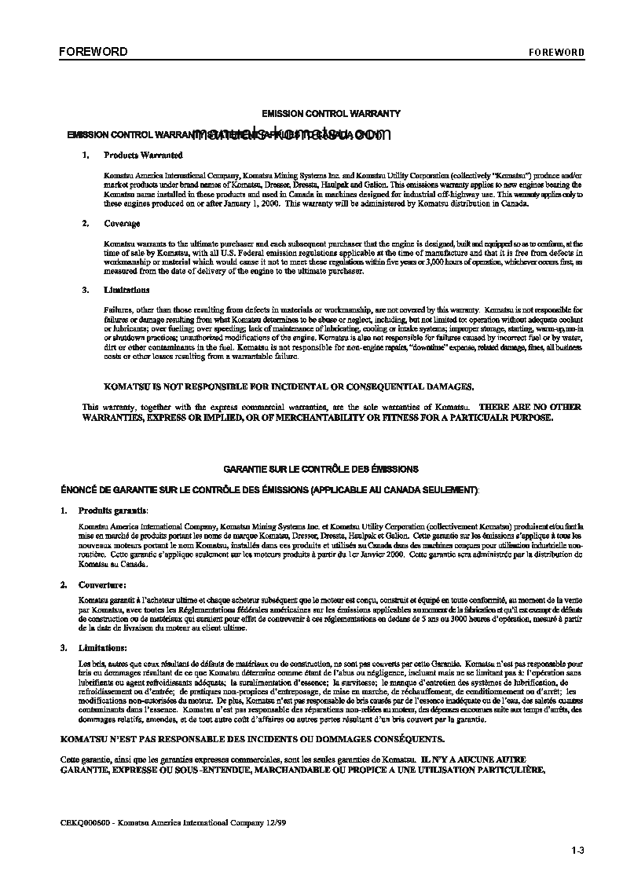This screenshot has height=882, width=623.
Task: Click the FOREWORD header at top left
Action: pyautogui.click(x=93, y=52)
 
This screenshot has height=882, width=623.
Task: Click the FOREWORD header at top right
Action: pyautogui.click(x=555, y=53)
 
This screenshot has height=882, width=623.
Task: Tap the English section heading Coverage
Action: pyautogui.click(x=122, y=224)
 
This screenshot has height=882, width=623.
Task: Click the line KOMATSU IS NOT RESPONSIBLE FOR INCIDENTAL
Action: pyautogui.click(x=289, y=386)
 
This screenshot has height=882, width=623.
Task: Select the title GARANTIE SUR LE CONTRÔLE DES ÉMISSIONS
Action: pyautogui.click(x=321, y=469)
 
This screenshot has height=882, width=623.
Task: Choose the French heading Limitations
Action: pyautogui.click(x=103, y=648)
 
